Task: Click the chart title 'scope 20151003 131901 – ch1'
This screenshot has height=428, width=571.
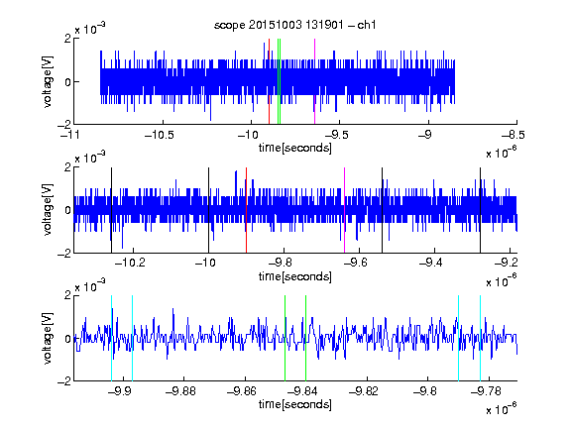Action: click(295, 25)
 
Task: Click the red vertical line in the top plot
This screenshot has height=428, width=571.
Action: click(269, 81)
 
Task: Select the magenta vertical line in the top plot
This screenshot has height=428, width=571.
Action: click(314, 81)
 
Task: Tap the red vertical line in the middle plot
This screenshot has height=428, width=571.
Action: click(247, 210)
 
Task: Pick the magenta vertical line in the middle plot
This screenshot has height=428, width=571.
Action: click(345, 210)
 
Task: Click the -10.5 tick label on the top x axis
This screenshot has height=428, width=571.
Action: click(160, 135)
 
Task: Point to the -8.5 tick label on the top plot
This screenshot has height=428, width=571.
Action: click(513, 135)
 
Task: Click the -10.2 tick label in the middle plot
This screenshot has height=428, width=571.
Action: click(130, 263)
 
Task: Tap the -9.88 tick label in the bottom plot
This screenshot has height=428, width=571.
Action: click(180, 391)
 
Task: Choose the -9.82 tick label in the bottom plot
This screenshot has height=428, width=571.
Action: click(364, 391)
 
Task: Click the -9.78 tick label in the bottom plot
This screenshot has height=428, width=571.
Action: click(486, 391)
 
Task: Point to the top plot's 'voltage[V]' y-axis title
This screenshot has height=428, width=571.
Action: click(48, 81)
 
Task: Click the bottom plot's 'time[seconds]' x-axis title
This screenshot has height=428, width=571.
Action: click(295, 404)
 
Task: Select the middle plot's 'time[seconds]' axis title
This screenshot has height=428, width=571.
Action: click(295, 276)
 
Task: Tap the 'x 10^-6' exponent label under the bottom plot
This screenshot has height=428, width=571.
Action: click(502, 408)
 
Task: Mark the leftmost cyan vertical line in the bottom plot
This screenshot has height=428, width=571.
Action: click(111, 338)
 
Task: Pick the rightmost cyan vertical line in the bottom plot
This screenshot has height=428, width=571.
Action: click(481, 338)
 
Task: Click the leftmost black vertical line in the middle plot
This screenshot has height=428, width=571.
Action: click(111, 210)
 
